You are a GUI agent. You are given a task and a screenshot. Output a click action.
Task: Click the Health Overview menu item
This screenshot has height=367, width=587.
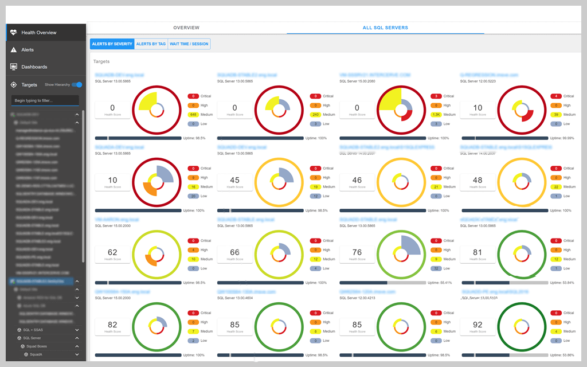pos(38,33)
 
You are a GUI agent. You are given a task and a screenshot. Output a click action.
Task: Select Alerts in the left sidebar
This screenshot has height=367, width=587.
pos(28,50)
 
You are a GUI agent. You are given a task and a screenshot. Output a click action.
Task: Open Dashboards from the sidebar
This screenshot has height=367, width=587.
pos(34,67)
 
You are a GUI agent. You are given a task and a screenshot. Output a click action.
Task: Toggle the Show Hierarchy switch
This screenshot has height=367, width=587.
pos(77,85)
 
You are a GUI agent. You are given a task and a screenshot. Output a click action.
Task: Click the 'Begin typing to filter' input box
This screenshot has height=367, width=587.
pos(45,100)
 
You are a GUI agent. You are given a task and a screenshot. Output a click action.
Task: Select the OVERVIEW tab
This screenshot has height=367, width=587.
pos(186,28)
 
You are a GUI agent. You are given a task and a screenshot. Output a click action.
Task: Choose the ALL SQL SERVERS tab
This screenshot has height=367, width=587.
pos(385,28)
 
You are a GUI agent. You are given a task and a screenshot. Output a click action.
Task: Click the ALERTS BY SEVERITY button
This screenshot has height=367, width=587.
pos(112,44)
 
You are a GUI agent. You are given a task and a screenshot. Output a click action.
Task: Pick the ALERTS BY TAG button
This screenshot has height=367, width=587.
pos(151,44)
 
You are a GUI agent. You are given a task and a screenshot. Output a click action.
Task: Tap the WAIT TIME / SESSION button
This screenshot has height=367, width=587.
pos(189,44)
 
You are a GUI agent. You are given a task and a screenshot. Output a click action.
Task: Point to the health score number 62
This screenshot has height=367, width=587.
pos(112,252)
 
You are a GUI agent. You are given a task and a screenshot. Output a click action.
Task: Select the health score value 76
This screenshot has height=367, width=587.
pos(357,252)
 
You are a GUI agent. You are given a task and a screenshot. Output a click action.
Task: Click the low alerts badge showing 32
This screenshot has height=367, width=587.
pos(437,268)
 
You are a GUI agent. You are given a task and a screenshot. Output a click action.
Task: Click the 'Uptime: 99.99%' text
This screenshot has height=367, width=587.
pos(560,138)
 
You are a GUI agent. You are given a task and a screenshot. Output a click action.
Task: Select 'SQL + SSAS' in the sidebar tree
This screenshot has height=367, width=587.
pos(35,330)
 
